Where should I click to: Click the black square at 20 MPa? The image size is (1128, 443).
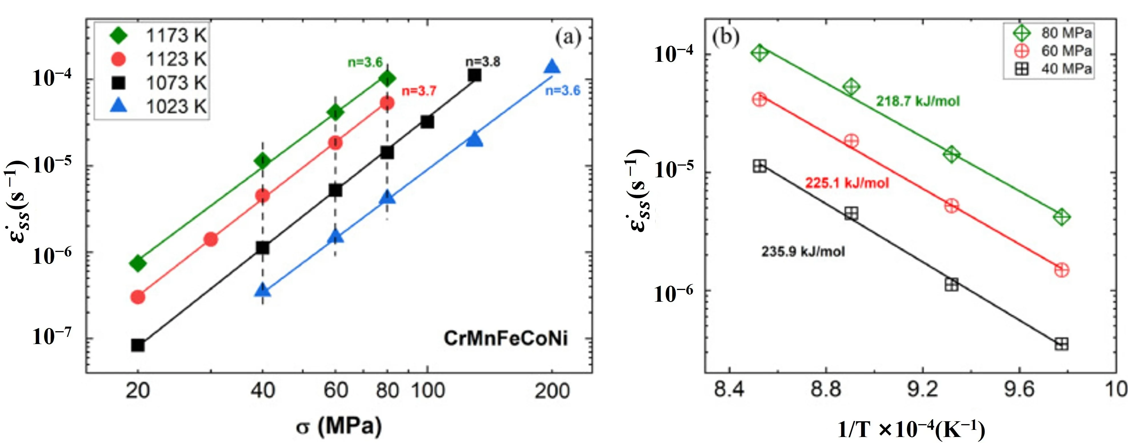(138, 345)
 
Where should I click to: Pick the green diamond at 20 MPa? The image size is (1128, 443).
(138, 263)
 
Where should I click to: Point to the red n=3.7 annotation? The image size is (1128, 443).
(419, 91)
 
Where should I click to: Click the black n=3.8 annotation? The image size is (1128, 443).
(483, 62)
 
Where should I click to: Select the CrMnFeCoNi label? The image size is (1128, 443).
(506, 339)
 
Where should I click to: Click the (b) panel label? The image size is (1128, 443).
(726, 37)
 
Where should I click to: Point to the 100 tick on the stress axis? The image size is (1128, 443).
(428, 390)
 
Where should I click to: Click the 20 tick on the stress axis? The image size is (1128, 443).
(138, 390)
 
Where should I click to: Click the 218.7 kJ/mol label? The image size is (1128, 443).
(918, 101)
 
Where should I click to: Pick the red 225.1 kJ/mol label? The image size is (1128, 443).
(847, 183)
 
